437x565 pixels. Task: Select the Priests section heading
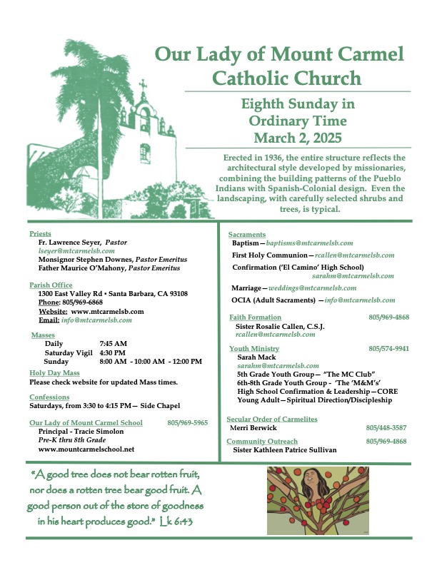pyautogui.click(x=40, y=234)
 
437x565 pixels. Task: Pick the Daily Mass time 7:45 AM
pyautogui.click(x=113, y=343)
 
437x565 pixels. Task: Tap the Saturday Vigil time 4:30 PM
pyautogui.click(x=113, y=352)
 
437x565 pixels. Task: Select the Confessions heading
pyautogui.click(x=49, y=397)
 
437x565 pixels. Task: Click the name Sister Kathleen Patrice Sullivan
pyautogui.click(x=285, y=450)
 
